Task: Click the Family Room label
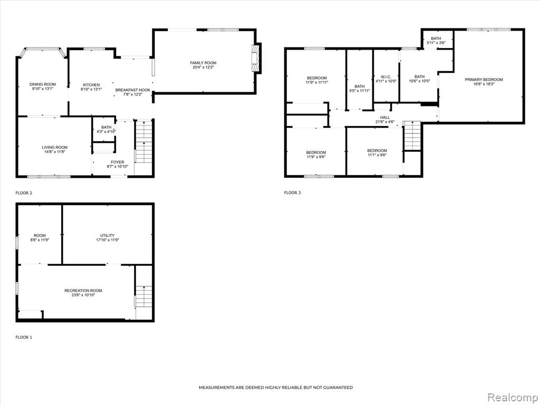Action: (x=203, y=63)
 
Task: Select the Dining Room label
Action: (x=42, y=84)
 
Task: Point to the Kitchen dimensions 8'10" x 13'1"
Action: (x=91, y=89)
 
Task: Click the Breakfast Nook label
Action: (x=132, y=90)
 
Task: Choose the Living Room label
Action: (x=55, y=148)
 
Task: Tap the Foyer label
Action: (x=118, y=162)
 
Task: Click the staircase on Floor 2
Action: (x=143, y=141)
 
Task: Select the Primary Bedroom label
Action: (x=484, y=80)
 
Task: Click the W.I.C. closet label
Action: (x=385, y=77)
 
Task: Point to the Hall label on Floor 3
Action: (x=384, y=118)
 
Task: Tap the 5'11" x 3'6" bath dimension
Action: (x=436, y=43)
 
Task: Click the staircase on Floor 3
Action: (x=412, y=136)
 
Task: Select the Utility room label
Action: (x=108, y=236)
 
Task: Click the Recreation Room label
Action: (x=83, y=291)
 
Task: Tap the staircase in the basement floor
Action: (x=143, y=296)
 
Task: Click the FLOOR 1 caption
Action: (x=24, y=337)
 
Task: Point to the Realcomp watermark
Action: (x=512, y=398)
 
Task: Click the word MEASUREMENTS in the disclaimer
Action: (x=217, y=388)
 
